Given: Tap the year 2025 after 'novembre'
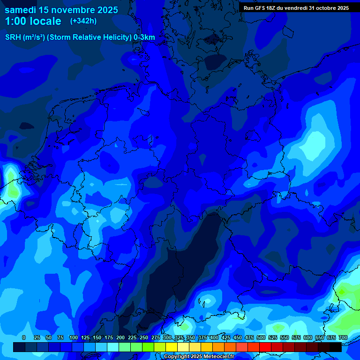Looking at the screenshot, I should (107, 10).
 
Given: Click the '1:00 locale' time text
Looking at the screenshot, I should (33, 21).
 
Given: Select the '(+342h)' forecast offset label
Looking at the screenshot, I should (83, 21).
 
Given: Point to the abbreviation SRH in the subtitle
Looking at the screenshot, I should (13, 37).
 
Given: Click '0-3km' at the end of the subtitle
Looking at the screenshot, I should (144, 37).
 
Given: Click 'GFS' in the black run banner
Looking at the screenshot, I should (262, 8).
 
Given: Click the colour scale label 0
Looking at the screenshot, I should (24, 337).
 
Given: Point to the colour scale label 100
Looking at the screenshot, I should (73, 337).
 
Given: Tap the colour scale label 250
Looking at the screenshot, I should (143, 337).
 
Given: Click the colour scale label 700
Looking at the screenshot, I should (343, 337).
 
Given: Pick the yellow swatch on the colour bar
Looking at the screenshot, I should (172, 347).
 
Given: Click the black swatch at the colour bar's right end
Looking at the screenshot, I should (336, 347).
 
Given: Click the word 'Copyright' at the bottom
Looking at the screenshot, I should (177, 357).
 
